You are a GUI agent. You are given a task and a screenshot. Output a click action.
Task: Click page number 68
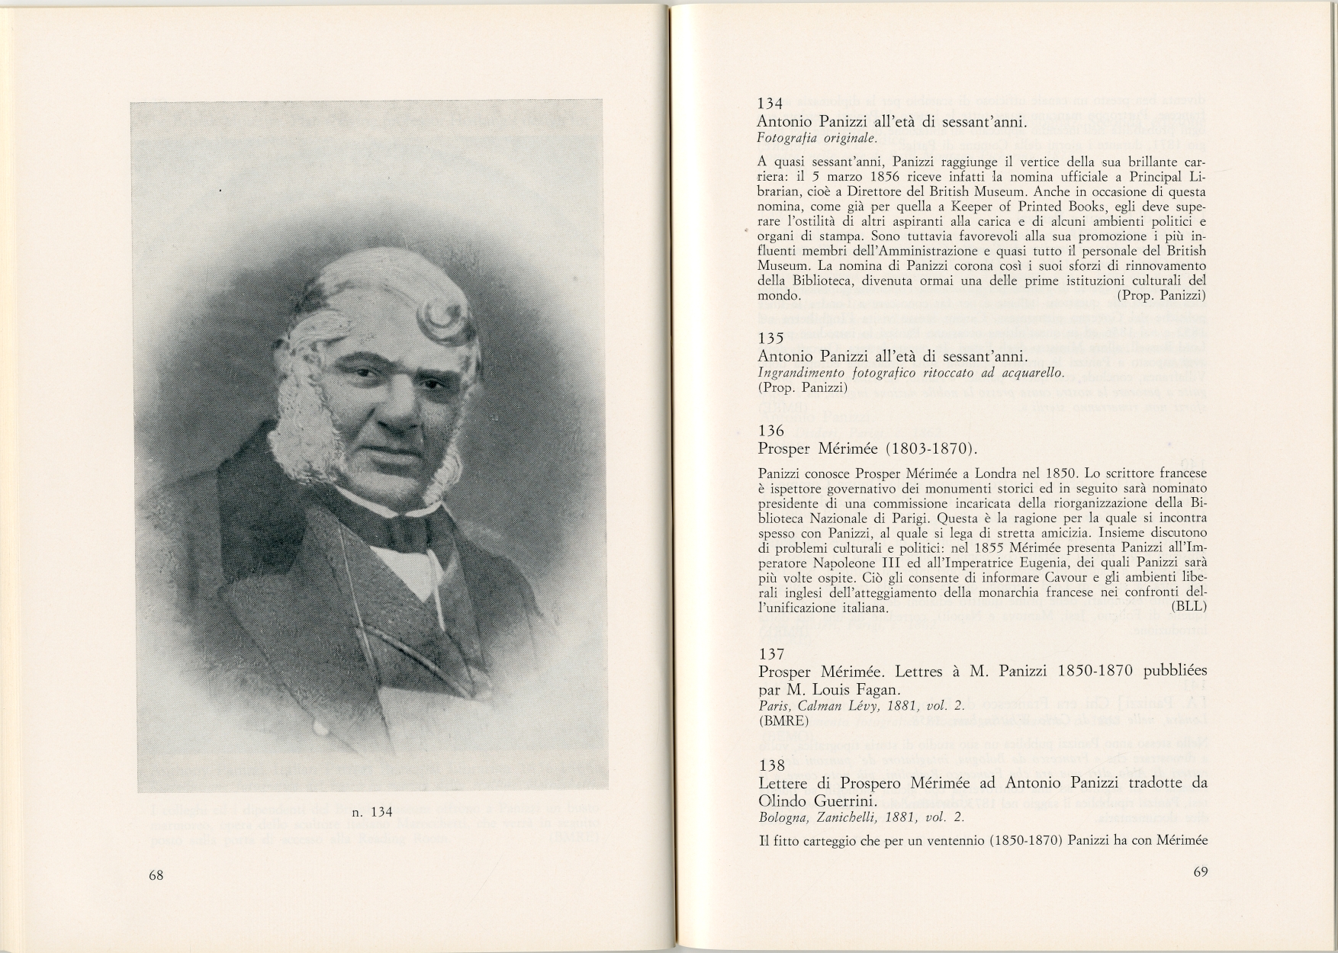pyautogui.click(x=156, y=875)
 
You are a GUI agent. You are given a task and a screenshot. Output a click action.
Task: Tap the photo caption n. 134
pyautogui.click(x=371, y=812)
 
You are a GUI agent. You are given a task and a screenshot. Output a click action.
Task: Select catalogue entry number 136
pyautogui.click(x=770, y=431)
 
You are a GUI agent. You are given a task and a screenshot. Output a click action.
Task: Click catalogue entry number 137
pyautogui.click(x=770, y=653)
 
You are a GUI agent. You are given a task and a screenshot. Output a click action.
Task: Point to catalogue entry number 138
pyautogui.click(x=770, y=766)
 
